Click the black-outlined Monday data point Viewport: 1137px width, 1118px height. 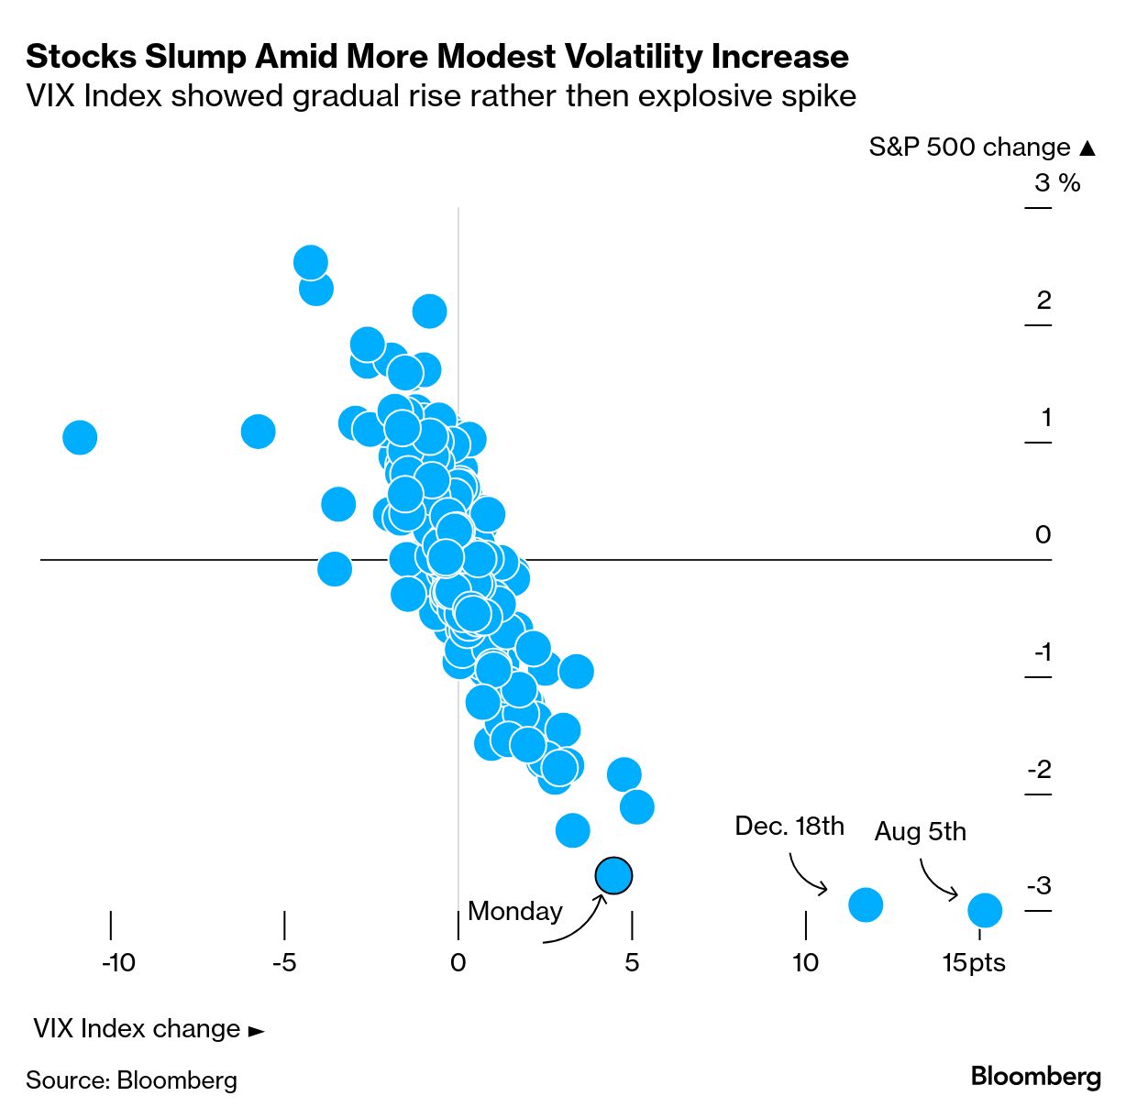click(x=613, y=875)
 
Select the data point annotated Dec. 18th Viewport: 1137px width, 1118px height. click(x=866, y=904)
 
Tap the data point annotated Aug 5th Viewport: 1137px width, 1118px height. click(x=985, y=910)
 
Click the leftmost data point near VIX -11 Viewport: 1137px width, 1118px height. click(x=80, y=437)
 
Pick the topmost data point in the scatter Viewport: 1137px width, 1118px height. click(x=311, y=262)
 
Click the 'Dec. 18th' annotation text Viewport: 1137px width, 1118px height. click(x=789, y=826)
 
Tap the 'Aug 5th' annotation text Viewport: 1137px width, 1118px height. click(x=920, y=831)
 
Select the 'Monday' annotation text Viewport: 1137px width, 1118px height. click(x=514, y=911)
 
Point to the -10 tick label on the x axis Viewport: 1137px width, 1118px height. click(x=118, y=962)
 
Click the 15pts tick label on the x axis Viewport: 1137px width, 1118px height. click(x=974, y=962)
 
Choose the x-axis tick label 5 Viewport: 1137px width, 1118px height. click(x=632, y=962)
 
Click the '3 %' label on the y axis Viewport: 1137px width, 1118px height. click(x=1057, y=183)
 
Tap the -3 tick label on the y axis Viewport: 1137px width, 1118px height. click(x=1039, y=886)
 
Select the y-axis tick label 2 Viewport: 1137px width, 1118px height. click(x=1043, y=300)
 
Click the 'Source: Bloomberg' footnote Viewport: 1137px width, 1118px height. click(x=131, y=1080)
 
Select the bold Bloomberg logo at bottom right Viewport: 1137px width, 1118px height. click(x=1035, y=1076)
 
